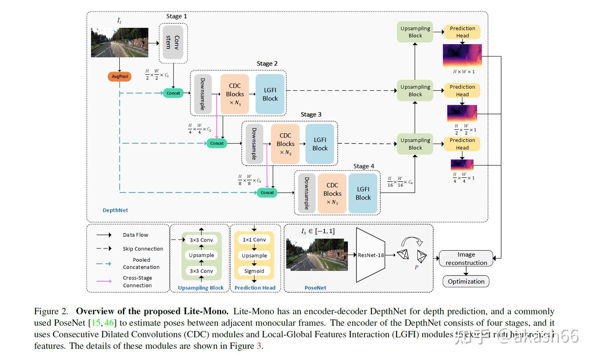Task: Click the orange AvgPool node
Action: (120, 76)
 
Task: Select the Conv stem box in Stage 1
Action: (173, 43)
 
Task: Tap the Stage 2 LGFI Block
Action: (270, 94)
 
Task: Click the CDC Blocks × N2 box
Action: (285, 144)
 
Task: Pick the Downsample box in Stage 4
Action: (306, 193)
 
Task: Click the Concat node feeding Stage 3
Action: (217, 143)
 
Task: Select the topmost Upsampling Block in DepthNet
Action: (415, 32)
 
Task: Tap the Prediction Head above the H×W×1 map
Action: (462, 32)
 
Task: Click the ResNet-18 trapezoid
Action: (370, 255)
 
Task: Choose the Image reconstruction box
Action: (466, 258)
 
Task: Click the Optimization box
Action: (466, 282)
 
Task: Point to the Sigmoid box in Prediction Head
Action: (254, 271)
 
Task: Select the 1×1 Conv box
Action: (254, 239)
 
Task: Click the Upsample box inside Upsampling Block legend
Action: (201, 255)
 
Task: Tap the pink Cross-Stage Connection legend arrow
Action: (104, 281)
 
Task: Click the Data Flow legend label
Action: (135, 235)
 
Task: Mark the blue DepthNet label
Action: (115, 210)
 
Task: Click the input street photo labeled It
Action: (120, 43)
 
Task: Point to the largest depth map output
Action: (462, 55)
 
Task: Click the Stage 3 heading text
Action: (311, 114)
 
